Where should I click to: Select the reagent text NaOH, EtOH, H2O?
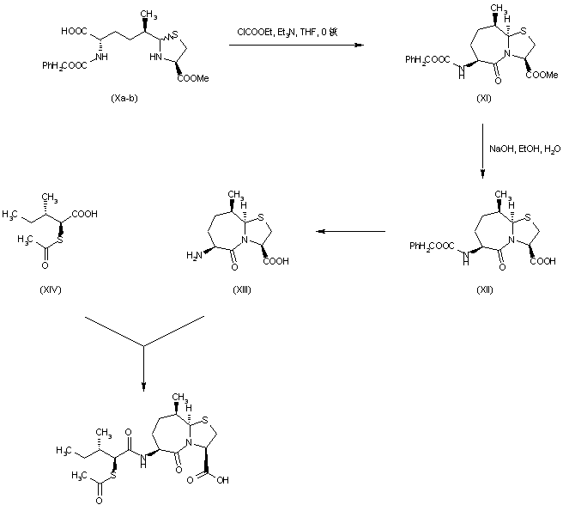click(524, 149)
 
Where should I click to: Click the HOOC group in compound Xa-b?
click(74, 31)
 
